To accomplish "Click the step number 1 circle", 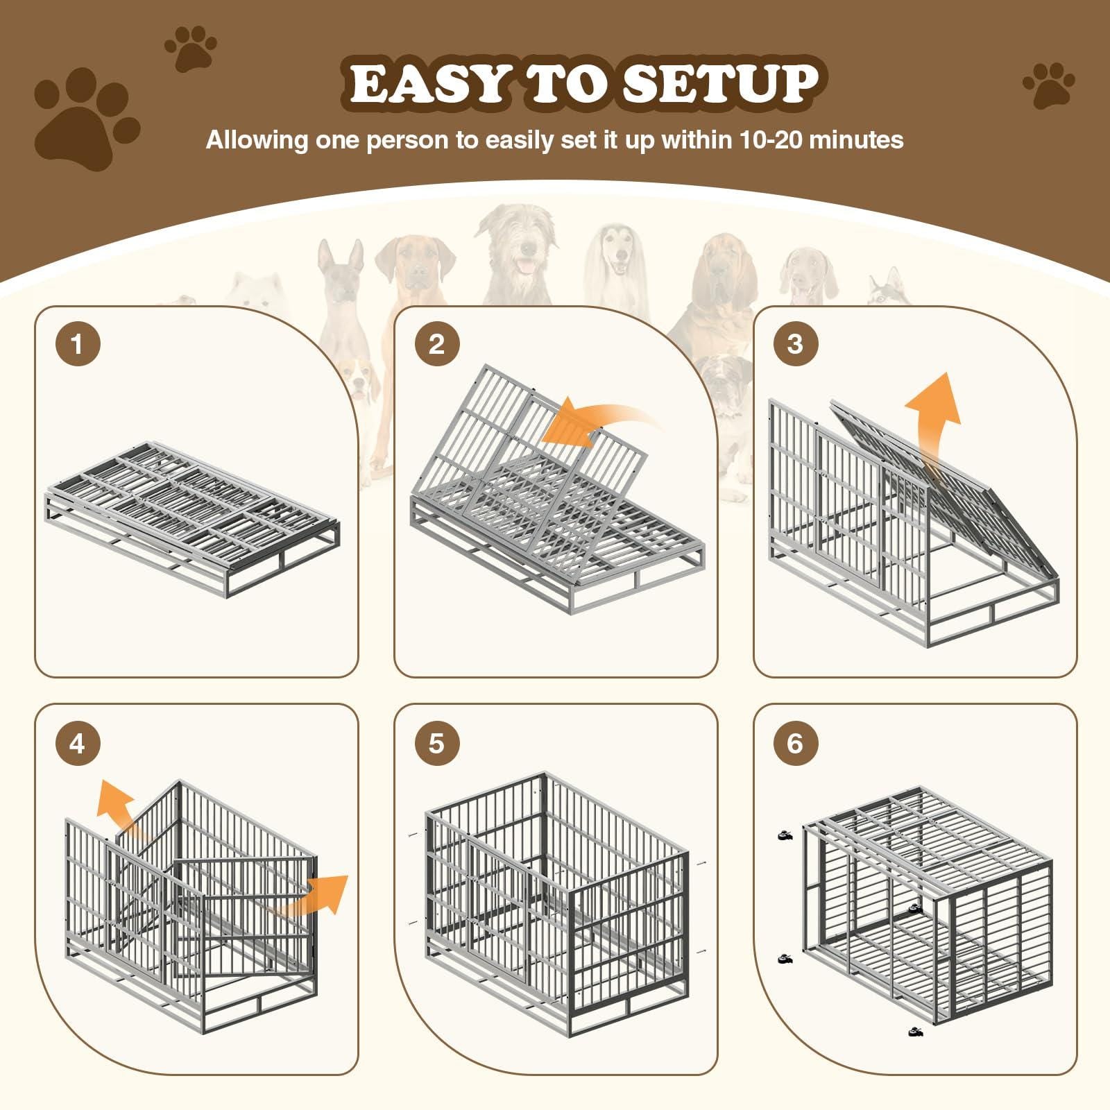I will [77, 344].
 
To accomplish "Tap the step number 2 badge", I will [436, 344].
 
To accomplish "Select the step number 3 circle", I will [795, 344].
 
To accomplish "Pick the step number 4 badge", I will [77, 744].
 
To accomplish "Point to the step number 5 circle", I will [436, 744].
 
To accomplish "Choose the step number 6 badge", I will [795, 744].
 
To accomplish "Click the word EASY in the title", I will [427, 84].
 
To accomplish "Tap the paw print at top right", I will [1048, 85].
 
